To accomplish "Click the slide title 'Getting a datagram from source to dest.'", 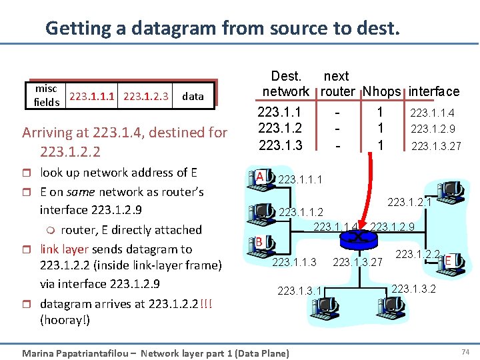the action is [x=223, y=28].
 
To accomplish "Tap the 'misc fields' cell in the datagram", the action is [x=47, y=95].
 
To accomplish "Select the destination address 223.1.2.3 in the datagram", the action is [x=146, y=95].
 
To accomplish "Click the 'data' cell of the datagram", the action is [x=193, y=96].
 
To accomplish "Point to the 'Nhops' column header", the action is [x=382, y=91].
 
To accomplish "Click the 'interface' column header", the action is [x=434, y=91].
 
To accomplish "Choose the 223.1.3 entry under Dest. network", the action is [x=280, y=145].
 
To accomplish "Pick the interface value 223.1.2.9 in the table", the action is [x=433, y=129].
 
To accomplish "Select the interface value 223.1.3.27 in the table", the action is [x=436, y=145].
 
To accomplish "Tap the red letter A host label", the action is [x=260, y=176].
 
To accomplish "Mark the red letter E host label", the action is [x=449, y=258].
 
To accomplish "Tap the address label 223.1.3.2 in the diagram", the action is [x=413, y=289].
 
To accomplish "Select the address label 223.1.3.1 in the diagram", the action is [x=299, y=290].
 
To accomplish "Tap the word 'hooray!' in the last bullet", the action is [x=65, y=319].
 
